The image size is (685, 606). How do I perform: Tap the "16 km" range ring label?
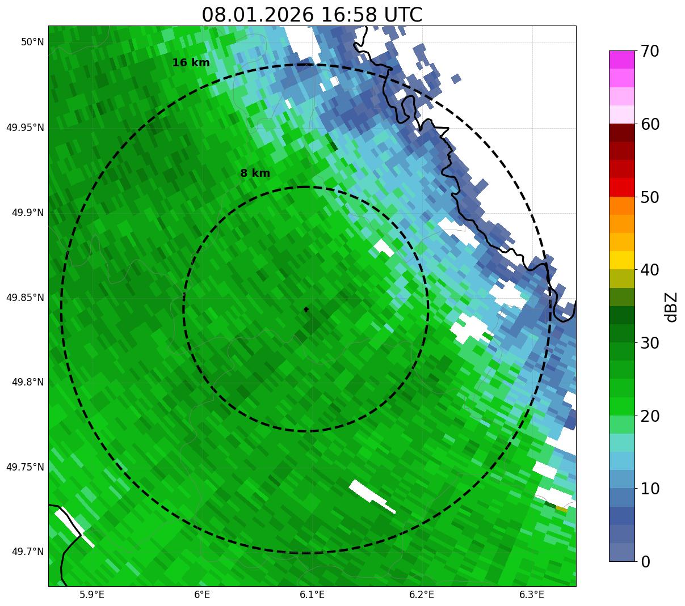191,63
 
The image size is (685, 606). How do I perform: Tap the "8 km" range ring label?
255,173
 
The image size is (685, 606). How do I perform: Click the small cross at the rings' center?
306,309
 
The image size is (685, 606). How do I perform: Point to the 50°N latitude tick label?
32,42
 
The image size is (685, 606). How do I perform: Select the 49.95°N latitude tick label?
25,128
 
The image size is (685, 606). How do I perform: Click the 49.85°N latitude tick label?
25,298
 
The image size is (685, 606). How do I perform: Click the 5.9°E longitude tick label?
91,595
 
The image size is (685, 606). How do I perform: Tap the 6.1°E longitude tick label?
312,595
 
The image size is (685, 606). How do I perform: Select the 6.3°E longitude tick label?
532,595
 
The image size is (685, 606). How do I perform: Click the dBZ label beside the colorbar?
671,307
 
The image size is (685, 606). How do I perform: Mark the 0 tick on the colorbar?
646,562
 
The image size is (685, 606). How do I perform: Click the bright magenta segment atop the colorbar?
622,60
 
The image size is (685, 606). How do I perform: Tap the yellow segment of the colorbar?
622,260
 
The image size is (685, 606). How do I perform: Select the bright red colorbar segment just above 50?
622,188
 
